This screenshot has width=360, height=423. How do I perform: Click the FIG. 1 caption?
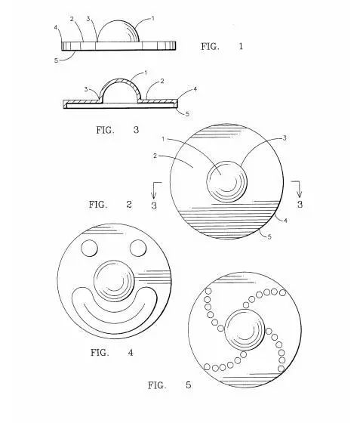[x=222, y=46]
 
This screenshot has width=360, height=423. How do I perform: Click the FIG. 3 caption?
[x=118, y=130]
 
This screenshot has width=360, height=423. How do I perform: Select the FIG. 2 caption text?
[x=110, y=205]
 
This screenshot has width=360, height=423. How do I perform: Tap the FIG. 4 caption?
[x=112, y=352]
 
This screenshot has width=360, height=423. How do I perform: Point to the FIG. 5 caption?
[x=170, y=385]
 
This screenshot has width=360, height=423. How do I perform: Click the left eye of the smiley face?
[x=89, y=248]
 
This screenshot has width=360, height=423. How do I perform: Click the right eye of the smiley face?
[x=138, y=248]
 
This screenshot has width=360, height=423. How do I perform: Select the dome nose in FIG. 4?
[x=114, y=280]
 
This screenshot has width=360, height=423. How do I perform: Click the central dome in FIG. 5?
[x=245, y=329]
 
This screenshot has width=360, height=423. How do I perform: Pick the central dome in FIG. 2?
[x=227, y=181]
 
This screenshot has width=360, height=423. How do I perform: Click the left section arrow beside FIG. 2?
[x=155, y=189]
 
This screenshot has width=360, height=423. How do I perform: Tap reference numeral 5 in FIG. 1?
[x=56, y=60]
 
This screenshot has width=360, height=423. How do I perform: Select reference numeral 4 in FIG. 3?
[x=195, y=89]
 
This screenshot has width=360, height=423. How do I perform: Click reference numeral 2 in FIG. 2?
[x=155, y=156]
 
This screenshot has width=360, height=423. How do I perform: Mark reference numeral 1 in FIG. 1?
[x=153, y=19]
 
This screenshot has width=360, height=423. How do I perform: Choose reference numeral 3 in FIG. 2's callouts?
[x=285, y=138]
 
